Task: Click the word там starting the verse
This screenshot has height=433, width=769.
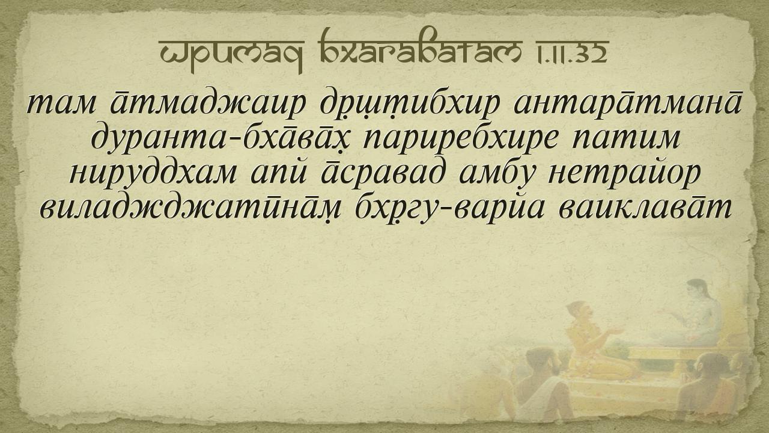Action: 61,104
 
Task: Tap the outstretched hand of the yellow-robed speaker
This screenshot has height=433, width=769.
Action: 617,331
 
